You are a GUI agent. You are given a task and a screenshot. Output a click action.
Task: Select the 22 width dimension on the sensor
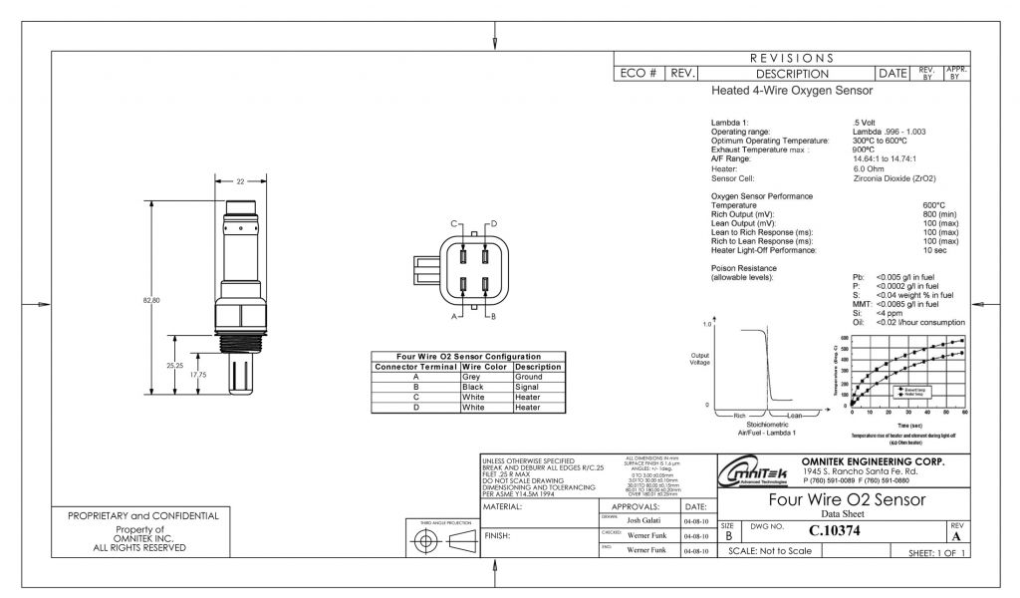coord(240,181)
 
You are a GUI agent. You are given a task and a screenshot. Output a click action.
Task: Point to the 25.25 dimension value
coord(174,366)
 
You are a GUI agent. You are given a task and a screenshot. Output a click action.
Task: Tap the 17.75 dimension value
coord(198,375)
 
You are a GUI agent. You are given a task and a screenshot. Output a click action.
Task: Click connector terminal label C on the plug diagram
coord(453,223)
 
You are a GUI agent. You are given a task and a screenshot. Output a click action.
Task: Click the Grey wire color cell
coord(472,378)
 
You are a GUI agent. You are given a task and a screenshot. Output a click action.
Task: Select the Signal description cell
coord(527,387)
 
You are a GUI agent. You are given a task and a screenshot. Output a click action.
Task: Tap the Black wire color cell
coord(473,387)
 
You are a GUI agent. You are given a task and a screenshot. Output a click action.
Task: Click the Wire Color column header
coord(486,367)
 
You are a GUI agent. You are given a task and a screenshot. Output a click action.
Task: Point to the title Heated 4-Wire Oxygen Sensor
coord(792,91)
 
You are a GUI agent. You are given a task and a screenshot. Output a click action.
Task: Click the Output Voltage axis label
coord(699,358)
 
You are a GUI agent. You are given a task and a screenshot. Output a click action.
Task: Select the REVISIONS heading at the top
coord(794,58)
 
